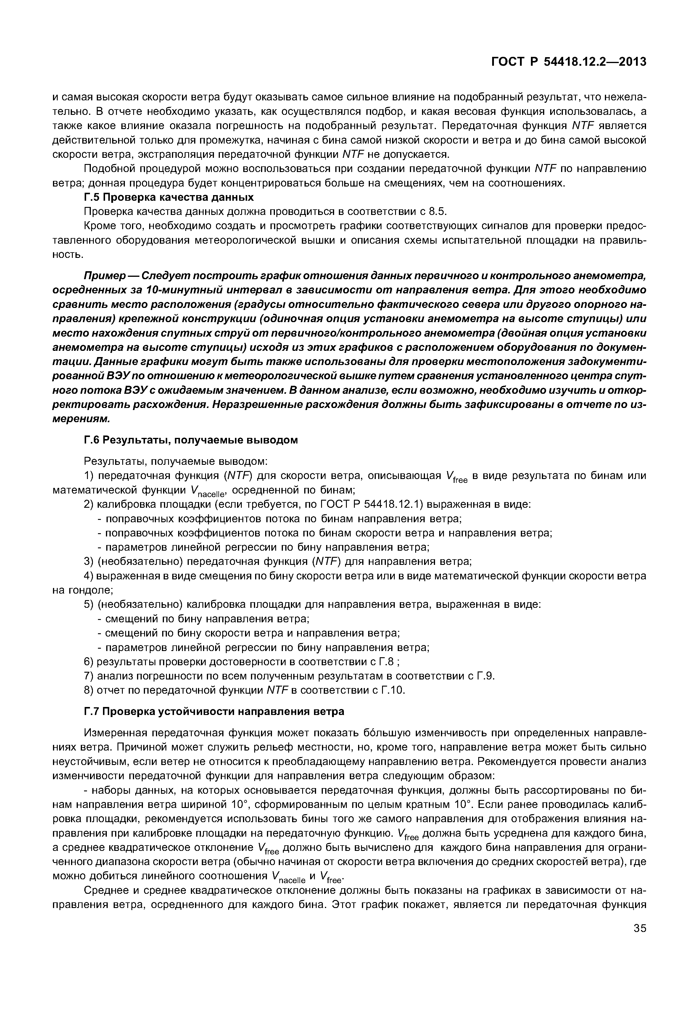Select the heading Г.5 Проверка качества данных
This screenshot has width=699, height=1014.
[169, 197]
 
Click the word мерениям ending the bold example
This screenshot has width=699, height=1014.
[80, 419]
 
